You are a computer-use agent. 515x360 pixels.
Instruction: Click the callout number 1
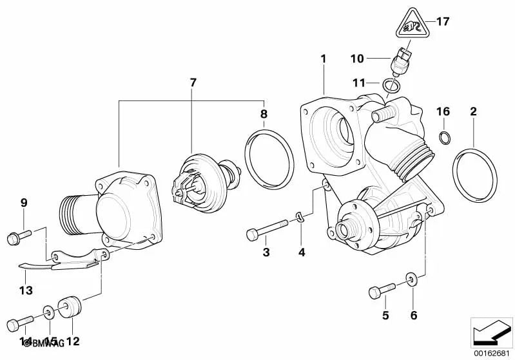click(324, 59)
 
